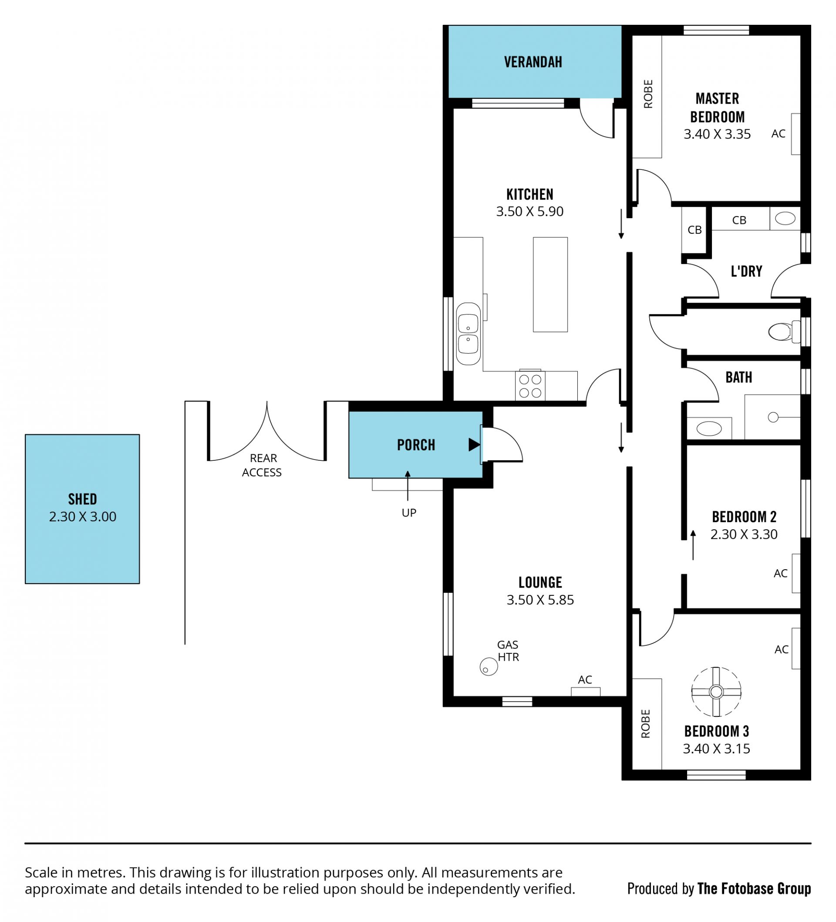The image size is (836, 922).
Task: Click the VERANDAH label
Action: click(x=533, y=62)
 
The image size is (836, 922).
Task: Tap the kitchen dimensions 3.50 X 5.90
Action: click(x=529, y=211)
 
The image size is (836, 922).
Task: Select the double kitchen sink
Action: click(x=469, y=334)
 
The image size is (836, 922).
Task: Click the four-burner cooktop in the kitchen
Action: click(x=530, y=385)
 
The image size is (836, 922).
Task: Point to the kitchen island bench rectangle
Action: click(x=550, y=284)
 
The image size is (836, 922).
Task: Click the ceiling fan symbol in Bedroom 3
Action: click(x=716, y=692)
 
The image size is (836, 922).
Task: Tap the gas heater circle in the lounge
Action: click(x=489, y=667)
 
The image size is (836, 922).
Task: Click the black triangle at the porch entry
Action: click(x=474, y=445)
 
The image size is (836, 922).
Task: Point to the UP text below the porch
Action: click(x=409, y=513)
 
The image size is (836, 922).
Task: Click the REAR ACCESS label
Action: click(x=262, y=465)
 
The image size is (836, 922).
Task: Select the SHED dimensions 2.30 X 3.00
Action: click(x=83, y=517)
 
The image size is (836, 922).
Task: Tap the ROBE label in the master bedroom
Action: click(x=648, y=94)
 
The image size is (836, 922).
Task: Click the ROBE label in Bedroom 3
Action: click(x=645, y=724)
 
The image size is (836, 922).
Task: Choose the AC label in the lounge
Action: click(x=585, y=679)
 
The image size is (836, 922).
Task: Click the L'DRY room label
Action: click(x=746, y=272)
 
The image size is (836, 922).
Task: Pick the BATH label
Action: click(x=738, y=377)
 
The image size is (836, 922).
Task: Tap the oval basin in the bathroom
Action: click(x=709, y=429)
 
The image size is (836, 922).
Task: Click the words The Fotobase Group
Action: click(x=754, y=888)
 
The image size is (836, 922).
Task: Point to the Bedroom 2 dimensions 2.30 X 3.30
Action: click(x=744, y=534)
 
